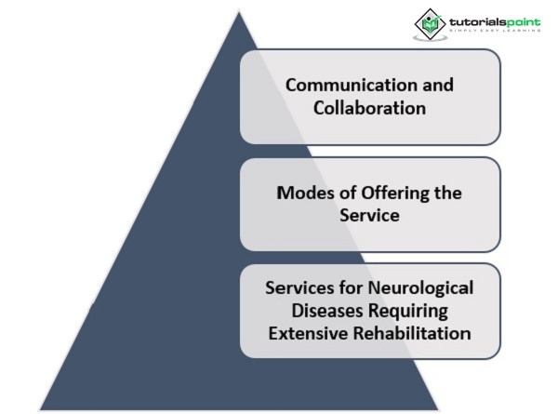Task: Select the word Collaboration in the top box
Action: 370,108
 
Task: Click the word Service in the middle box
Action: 370,216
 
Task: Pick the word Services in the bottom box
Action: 296,288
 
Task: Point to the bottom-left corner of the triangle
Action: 41,408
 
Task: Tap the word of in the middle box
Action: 340,194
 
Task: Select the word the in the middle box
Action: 435,194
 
